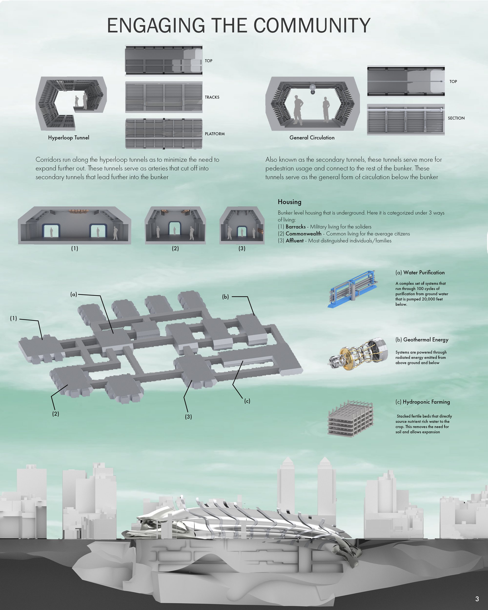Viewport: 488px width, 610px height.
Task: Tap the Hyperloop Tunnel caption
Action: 69,138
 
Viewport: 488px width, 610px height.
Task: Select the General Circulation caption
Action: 312,138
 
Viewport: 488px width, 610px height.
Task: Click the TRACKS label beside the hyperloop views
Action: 212,97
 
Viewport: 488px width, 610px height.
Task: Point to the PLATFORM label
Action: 215,133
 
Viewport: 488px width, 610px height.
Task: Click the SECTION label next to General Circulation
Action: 456,118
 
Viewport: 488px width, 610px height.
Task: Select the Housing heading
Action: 289,202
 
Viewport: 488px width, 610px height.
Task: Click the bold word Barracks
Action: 296,227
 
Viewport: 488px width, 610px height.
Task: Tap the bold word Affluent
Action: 295,241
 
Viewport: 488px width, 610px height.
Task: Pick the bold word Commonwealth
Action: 304,234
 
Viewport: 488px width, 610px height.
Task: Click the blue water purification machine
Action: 353,289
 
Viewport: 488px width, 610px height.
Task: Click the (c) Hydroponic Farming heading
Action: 423,402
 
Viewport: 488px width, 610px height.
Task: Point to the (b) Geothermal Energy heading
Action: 422,339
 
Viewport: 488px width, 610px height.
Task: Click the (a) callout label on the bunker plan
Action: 73,294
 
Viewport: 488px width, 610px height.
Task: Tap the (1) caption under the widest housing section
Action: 74,248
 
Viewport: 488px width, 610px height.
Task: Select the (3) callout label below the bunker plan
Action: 188,417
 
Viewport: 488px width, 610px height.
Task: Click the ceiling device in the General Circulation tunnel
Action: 313,89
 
